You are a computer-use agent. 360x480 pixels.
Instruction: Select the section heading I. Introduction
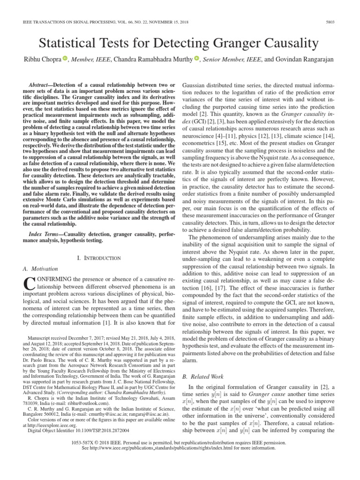pyautogui.click(x=98, y=258)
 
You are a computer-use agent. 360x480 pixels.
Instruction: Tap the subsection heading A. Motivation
pyautogui.click(x=40, y=269)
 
